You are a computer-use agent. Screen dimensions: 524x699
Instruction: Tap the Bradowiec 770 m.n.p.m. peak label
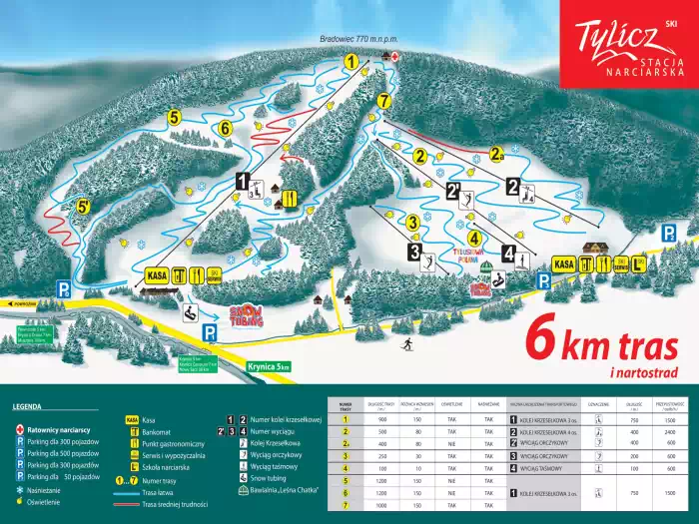pos(358,39)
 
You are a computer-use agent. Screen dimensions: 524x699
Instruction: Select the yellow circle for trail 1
pos(350,62)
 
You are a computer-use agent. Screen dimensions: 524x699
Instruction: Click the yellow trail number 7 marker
pos(382,100)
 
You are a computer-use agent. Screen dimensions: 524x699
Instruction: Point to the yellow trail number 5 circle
pos(175,117)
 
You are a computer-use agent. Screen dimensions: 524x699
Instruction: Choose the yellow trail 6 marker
pos(225,128)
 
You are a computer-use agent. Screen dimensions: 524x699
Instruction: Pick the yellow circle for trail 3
pos(411,222)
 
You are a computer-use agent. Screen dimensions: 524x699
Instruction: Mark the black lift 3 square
pos(414,253)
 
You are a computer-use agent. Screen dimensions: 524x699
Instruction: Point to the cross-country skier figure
pos(408,344)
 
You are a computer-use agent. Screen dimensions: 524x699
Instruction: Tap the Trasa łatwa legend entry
pos(159,492)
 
